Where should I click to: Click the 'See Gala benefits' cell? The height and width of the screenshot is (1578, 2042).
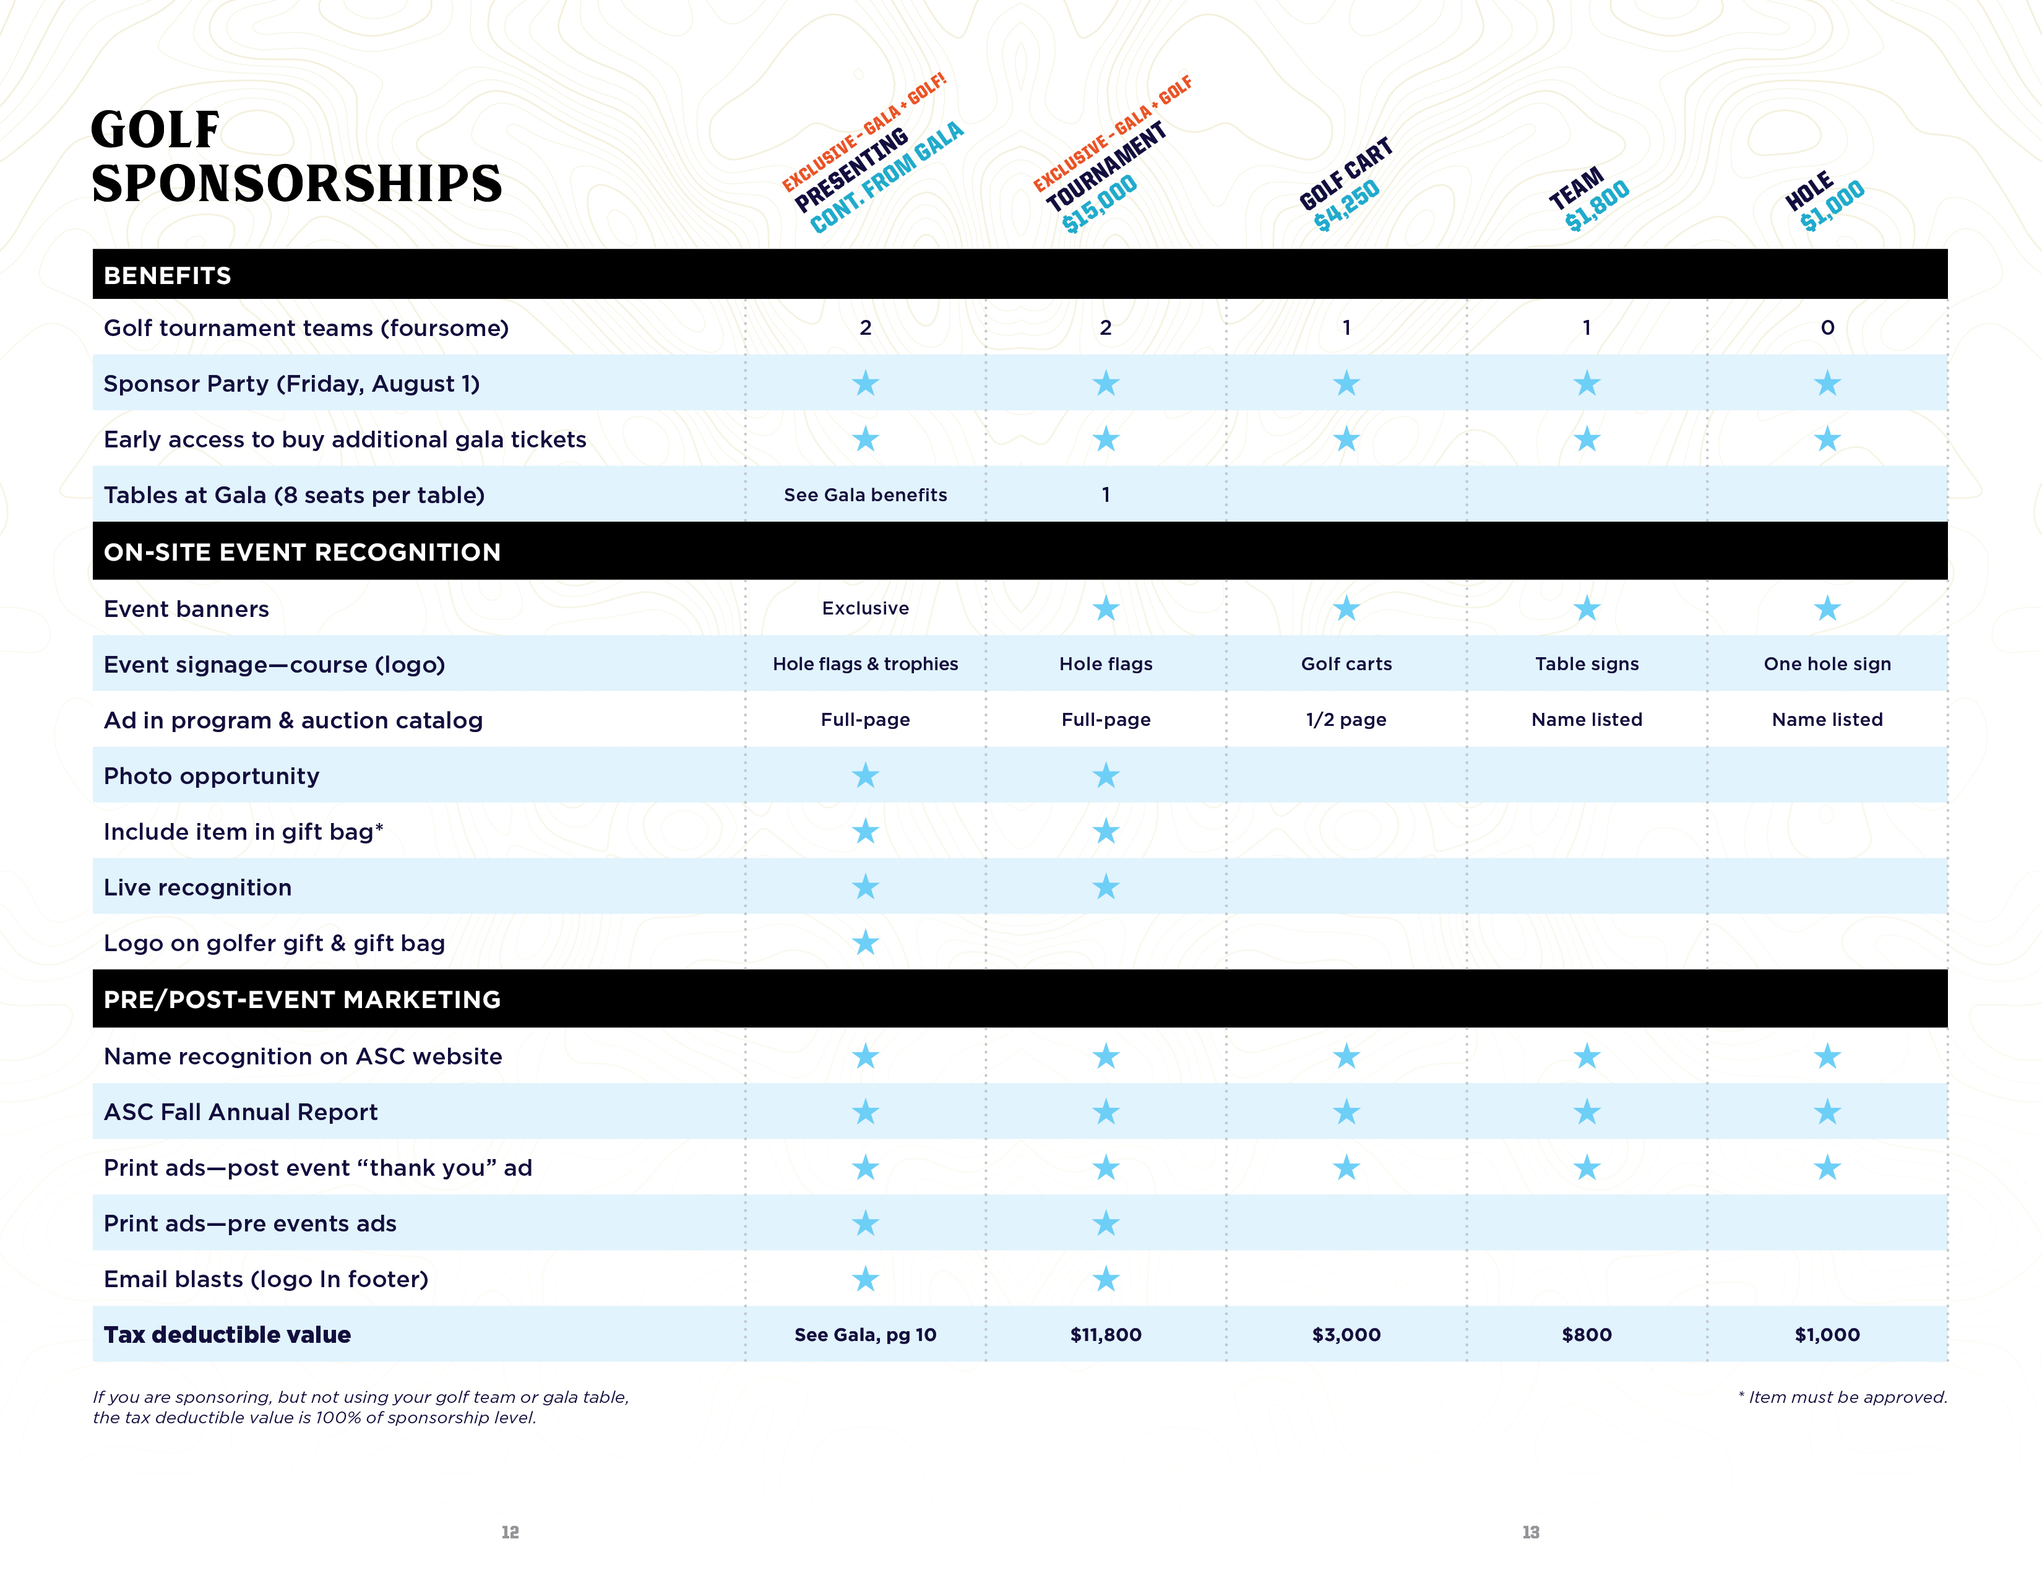(865, 496)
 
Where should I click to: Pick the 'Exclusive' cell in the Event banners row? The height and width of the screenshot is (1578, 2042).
(865, 608)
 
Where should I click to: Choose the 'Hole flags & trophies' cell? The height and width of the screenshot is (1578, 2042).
(865, 664)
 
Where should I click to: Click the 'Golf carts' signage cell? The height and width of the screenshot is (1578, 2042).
(1346, 664)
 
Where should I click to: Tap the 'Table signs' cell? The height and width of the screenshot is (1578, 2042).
(1587, 664)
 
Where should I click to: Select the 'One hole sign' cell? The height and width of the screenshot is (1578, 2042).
(1827, 664)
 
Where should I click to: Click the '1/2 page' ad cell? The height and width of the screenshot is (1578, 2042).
(1346, 720)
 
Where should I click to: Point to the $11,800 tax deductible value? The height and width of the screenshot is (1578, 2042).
(1106, 1335)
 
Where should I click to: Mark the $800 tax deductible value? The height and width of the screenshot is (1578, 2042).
(1587, 1335)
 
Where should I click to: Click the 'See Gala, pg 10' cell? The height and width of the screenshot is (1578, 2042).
(865, 1335)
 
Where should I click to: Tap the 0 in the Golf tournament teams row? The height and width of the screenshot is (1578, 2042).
(1827, 328)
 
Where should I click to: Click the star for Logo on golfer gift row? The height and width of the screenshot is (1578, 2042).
(866, 942)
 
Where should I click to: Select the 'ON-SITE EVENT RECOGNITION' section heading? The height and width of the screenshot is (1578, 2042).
(302, 553)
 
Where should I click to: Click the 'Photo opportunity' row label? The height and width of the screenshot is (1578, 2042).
(211, 776)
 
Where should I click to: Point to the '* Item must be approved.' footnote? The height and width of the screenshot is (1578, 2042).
(1842, 1397)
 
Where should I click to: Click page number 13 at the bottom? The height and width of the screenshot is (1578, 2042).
(1530, 1532)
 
